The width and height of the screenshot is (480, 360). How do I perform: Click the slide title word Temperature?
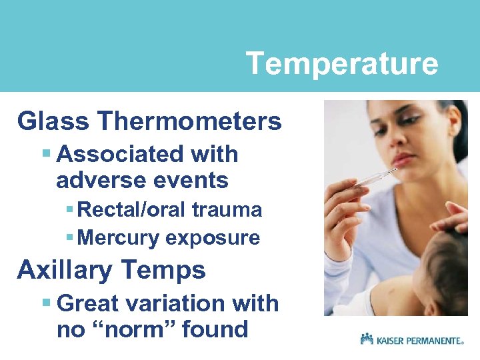[x=342, y=64]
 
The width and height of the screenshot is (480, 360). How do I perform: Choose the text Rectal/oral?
[x=133, y=210]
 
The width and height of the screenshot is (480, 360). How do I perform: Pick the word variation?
[x=175, y=303]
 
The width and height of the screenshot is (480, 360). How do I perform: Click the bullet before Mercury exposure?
[x=70, y=238]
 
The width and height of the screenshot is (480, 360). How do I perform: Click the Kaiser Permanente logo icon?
[x=367, y=339]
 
